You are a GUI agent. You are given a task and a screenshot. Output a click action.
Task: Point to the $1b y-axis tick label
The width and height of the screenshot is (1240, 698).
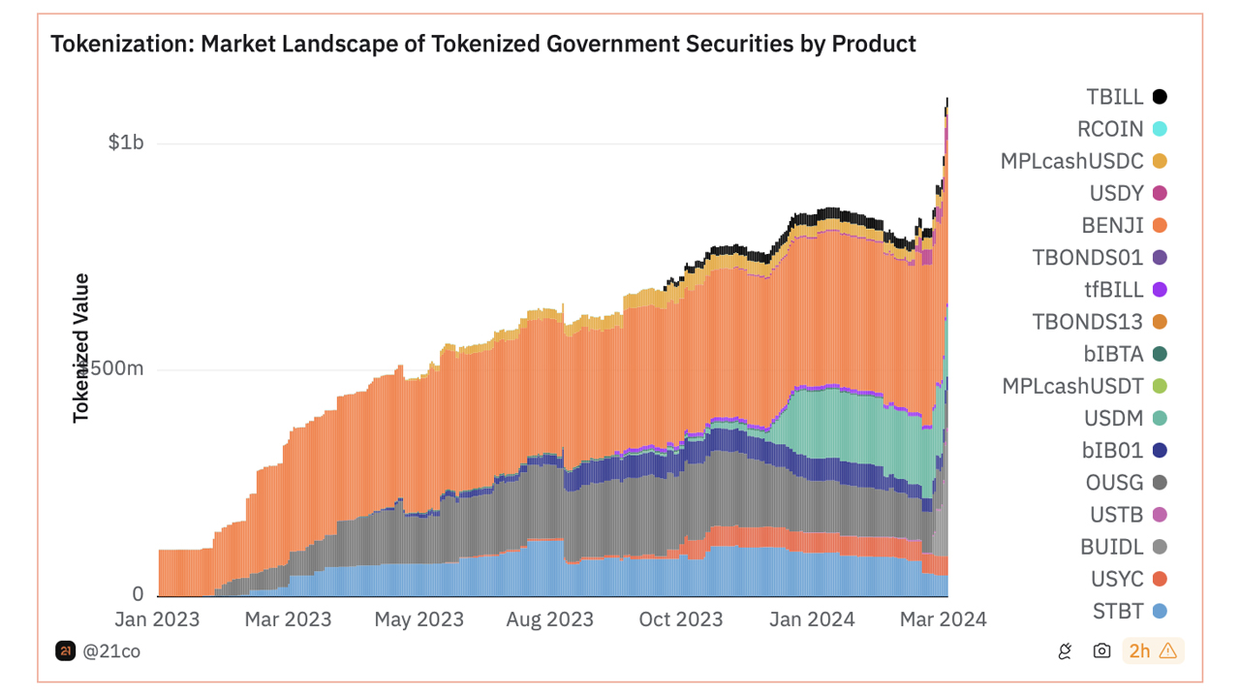(x=125, y=143)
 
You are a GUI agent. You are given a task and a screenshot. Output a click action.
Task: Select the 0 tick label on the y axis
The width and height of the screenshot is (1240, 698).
(x=138, y=594)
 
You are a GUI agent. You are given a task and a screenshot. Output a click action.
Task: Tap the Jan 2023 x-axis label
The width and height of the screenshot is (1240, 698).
(x=157, y=619)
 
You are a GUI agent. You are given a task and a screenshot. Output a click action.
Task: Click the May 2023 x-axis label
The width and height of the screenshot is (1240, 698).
(x=419, y=619)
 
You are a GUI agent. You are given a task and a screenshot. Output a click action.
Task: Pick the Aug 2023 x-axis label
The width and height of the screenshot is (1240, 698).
(x=549, y=619)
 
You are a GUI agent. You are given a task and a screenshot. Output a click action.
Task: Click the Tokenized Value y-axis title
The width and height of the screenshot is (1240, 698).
(x=81, y=348)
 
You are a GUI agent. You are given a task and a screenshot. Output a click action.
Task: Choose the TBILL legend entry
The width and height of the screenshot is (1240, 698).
(x=1114, y=97)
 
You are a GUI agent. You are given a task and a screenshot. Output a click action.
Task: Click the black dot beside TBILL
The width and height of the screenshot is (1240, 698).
(x=1159, y=97)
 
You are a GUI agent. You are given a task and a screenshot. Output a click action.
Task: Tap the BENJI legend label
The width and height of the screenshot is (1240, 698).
(x=1113, y=226)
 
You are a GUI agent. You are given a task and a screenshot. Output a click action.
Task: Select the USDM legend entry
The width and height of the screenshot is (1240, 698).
(x=1113, y=419)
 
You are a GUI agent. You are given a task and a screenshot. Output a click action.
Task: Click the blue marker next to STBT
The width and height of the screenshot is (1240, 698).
(x=1159, y=612)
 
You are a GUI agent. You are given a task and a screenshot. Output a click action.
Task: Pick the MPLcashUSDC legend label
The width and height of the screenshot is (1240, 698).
(x=1071, y=161)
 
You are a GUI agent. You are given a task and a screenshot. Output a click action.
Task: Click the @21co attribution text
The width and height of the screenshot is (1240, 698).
(x=111, y=651)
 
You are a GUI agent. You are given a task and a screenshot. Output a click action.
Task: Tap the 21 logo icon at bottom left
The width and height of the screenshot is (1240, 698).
(x=65, y=651)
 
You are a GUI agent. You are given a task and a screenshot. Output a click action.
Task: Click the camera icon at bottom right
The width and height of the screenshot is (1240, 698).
(x=1101, y=651)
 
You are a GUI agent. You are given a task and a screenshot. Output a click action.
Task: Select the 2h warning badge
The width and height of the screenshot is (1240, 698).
(x=1153, y=651)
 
